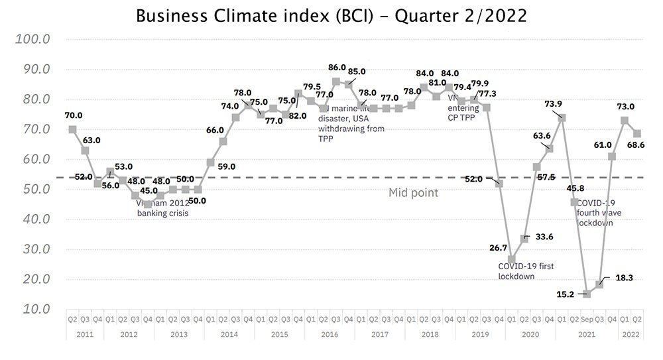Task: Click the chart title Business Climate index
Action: point(331,15)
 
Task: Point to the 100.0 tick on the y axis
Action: point(33,39)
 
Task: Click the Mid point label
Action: point(413,193)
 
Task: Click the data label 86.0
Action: point(337,67)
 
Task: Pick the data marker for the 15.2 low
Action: point(586,294)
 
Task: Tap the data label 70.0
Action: point(74,115)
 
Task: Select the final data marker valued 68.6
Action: point(636,134)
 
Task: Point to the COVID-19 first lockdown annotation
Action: point(526,271)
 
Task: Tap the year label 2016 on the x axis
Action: point(330,335)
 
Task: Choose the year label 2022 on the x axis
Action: point(631,335)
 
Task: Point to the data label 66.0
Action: point(215,130)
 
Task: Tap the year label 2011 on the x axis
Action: point(84,335)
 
